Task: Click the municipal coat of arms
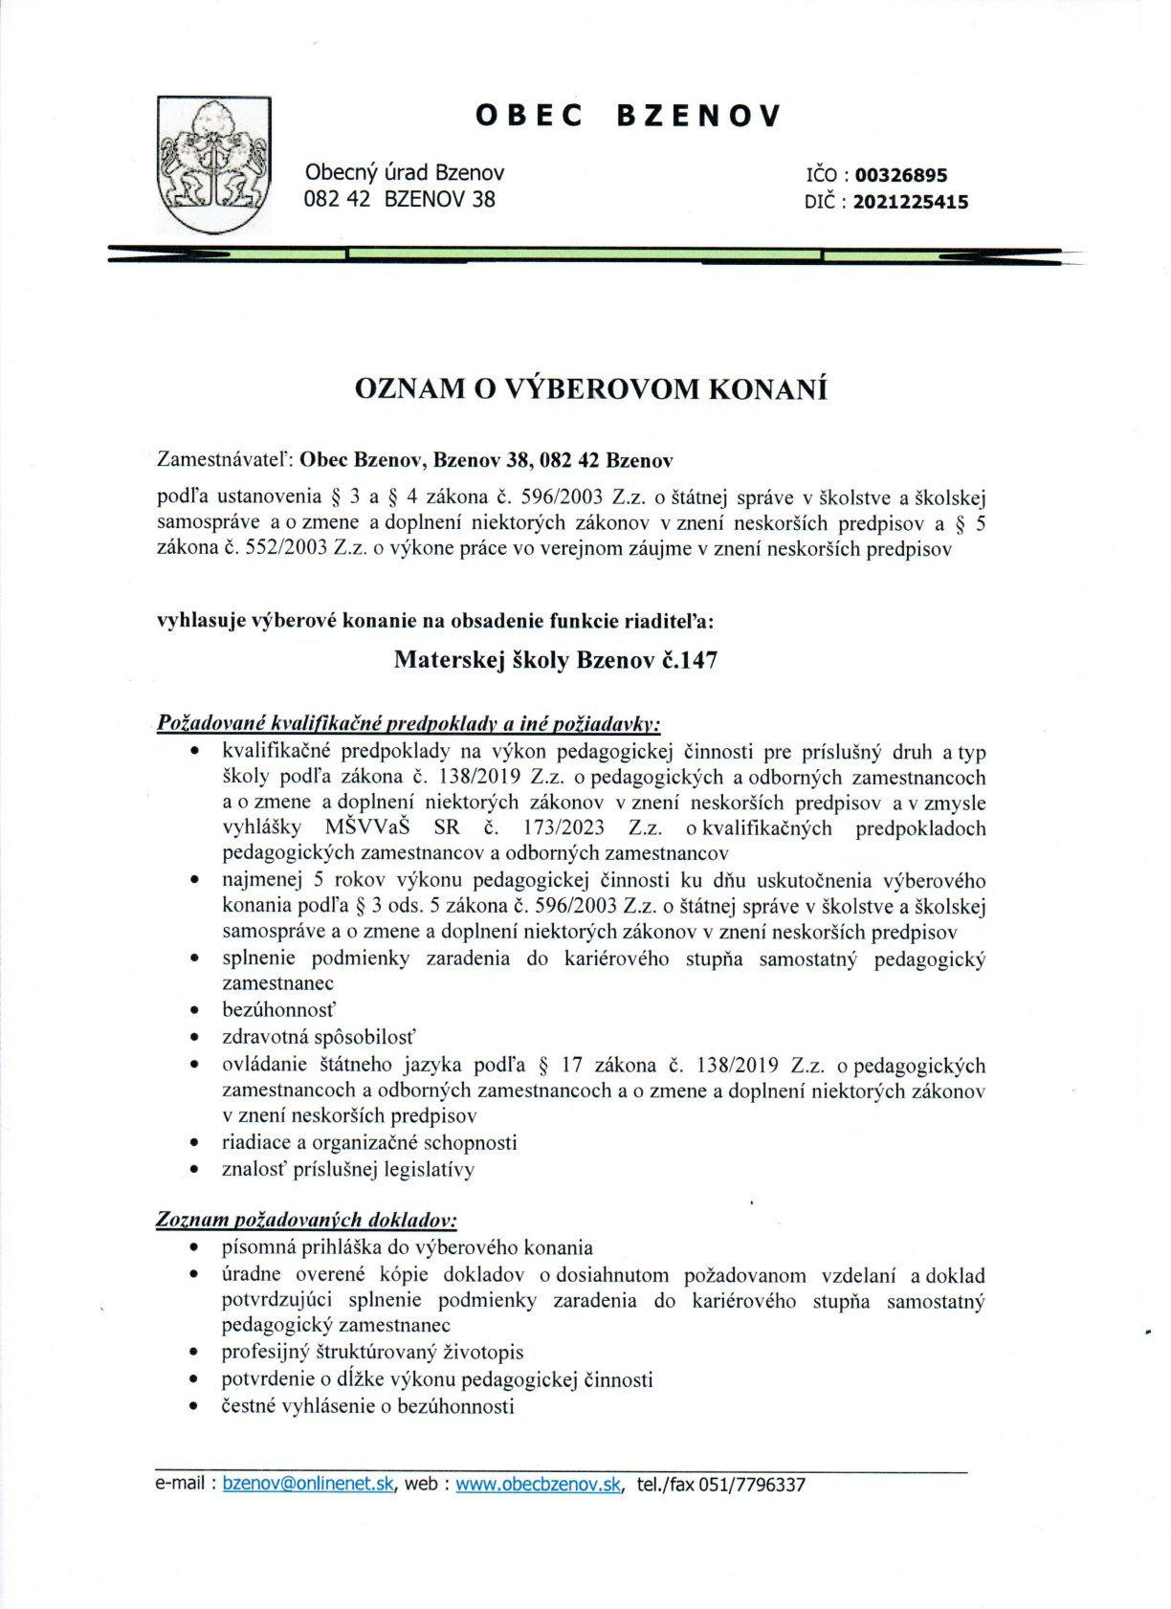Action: coord(213,165)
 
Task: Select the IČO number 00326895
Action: coord(900,175)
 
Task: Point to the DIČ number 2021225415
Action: coord(910,202)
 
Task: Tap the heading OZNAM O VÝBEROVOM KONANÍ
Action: coord(590,389)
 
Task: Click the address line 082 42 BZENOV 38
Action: coord(399,200)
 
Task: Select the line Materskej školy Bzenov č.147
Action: coord(555,660)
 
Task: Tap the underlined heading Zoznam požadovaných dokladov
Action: coord(306,1220)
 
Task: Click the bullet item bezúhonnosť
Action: coord(278,1009)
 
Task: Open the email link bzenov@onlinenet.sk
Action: coord(308,1484)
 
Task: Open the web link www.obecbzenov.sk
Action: coord(539,1484)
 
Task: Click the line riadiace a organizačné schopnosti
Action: coord(368,1142)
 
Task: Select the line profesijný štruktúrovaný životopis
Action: coord(372,1352)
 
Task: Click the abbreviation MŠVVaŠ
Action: coord(366,827)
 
